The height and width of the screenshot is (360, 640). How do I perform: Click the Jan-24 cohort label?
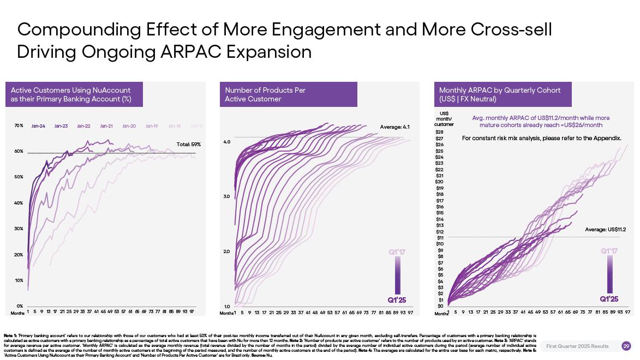(38, 126)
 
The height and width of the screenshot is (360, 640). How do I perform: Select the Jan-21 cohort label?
(106, 126)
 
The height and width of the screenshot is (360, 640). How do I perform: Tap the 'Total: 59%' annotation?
(189, 145)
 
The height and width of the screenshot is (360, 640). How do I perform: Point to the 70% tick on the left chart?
(19, 126)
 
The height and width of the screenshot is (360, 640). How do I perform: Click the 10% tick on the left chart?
(19, 280)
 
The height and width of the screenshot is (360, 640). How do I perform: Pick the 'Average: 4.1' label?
(394, 127)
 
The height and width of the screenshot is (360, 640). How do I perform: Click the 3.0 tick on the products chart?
(227, 196)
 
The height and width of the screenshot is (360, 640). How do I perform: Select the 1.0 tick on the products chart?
(227, 307)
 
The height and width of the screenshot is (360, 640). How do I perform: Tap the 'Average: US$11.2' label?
(605, 230)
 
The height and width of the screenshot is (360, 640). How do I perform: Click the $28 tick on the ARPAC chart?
(440, 132)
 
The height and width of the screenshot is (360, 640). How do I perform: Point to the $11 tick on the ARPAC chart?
(440, 238)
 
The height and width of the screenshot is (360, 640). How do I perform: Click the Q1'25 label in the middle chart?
(397, 300)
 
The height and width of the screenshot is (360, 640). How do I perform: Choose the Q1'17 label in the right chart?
(609, 251)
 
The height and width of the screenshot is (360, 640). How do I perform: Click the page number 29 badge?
(626, 346)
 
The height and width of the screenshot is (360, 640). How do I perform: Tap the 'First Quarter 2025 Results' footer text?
(577, 346)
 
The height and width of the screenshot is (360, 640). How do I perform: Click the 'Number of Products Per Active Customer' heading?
(265, 94)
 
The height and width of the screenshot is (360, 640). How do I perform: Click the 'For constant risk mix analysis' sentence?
(541, 139)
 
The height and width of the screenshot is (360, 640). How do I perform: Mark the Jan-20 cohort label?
(129, 126)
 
